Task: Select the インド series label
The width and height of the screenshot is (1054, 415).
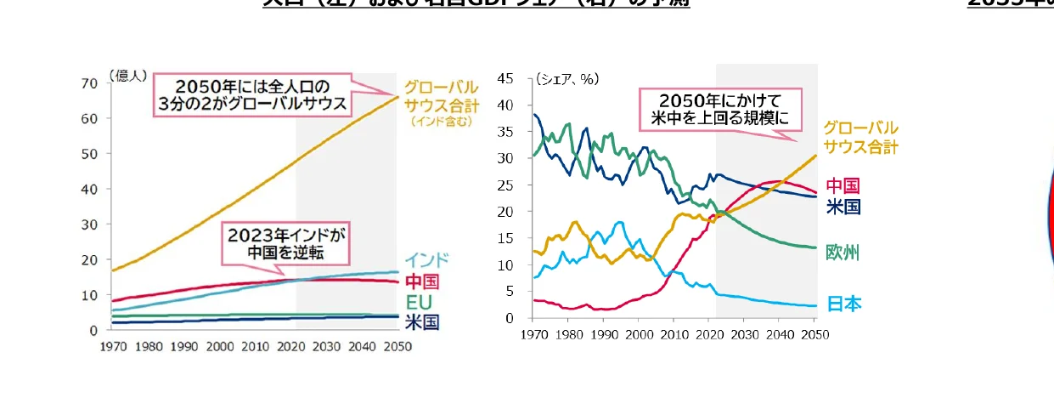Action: [x=426, y=260]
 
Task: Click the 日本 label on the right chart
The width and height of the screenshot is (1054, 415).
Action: [x=843, y=304]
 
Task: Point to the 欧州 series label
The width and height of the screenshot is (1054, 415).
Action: [x=843, y=253]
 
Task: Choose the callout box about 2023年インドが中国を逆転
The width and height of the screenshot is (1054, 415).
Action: [x=286, y=243]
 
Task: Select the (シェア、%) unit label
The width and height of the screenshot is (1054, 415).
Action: [x=566, y=79]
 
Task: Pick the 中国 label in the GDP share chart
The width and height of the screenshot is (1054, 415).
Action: [x=843, y=185]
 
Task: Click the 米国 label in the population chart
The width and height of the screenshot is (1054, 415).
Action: [x=421, y=322]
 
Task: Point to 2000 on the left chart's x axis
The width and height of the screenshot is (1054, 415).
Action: [x=220, y=346]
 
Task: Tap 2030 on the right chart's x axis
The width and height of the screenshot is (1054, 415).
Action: [x=744, y=334]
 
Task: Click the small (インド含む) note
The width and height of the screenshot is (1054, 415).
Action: [x=441, y=122]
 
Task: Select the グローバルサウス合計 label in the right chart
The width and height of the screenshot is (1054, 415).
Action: [x=860, y=137]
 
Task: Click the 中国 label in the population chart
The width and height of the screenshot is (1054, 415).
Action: [x=421, y=281]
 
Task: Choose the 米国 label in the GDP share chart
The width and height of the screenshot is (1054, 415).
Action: [x=843, y=206]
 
